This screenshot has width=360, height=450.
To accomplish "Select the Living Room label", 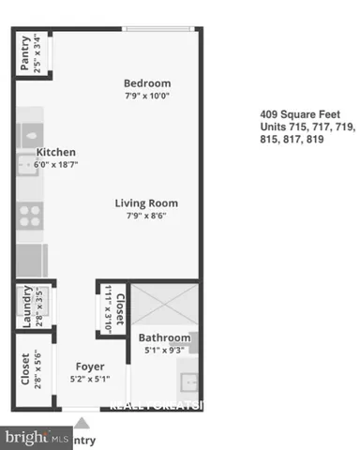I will coord(146,202).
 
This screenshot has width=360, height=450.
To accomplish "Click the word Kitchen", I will coord(55,152).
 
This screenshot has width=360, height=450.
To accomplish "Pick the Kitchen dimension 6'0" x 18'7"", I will coord(55,164).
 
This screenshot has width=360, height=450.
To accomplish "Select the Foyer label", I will coord(90,366).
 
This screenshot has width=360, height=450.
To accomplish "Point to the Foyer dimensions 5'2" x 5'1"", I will coord(90,379).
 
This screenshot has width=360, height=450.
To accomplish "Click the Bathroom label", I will coord(165,337).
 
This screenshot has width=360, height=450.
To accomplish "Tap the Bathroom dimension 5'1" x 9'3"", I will coord(165,350).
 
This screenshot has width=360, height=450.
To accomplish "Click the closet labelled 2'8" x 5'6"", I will coord(25,369).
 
